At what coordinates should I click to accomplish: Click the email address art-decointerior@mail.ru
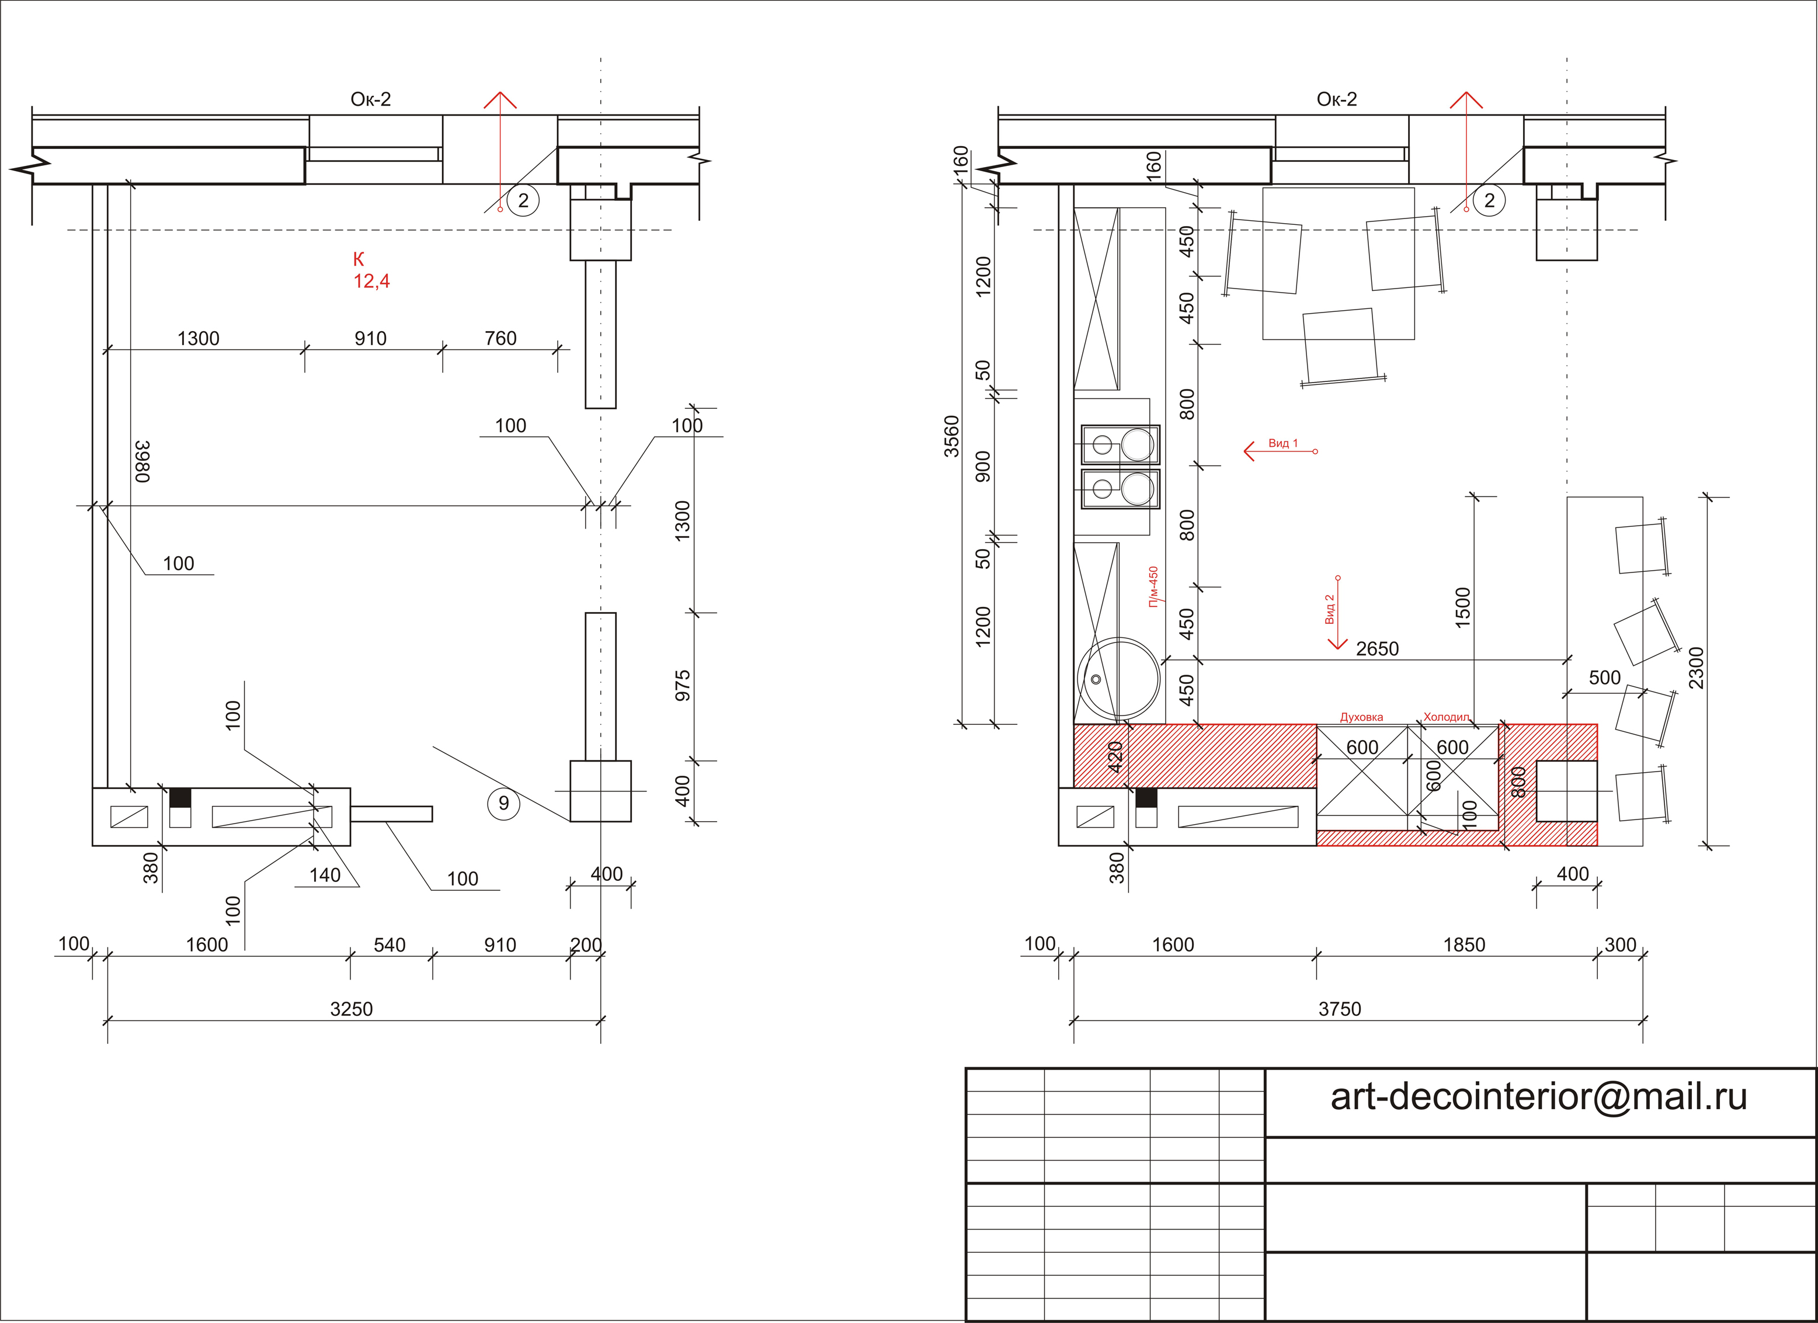point(1538,1096)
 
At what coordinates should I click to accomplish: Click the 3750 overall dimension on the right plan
point(1340,1009)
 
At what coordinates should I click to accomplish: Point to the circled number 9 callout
point(503,803)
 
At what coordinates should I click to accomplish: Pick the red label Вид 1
point(1282,443)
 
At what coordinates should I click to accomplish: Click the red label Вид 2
point(1330,609)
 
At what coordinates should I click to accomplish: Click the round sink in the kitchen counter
point(1118,680)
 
